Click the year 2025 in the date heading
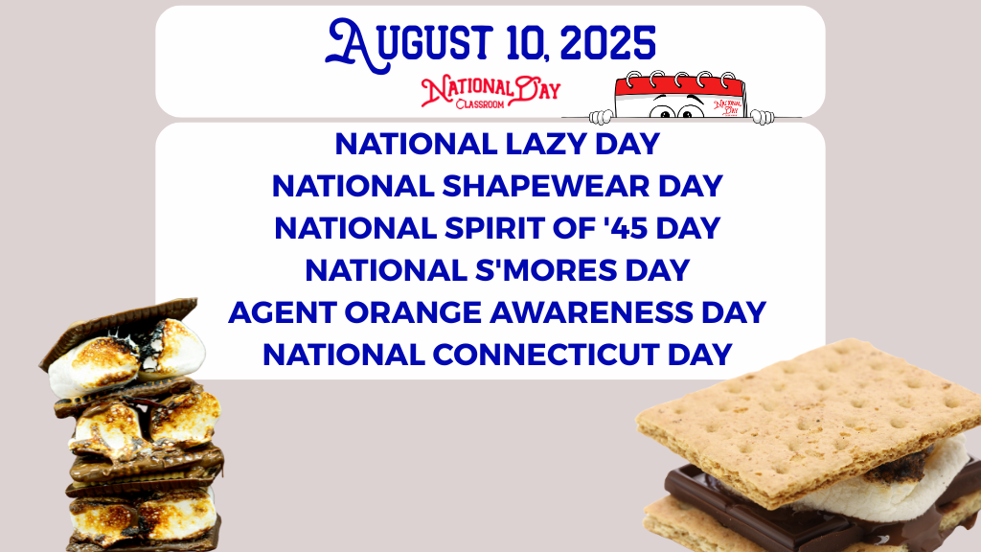(x=608, y=43)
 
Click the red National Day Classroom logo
(x=490, y=91)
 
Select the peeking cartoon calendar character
(x=681, y=97)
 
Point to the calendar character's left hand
(x=602, y=116)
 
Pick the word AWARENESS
(x=591, y=312)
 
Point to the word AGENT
(x=283, y=312)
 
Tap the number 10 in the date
(x=525, y=43)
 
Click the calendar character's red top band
(x=679, y=85)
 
